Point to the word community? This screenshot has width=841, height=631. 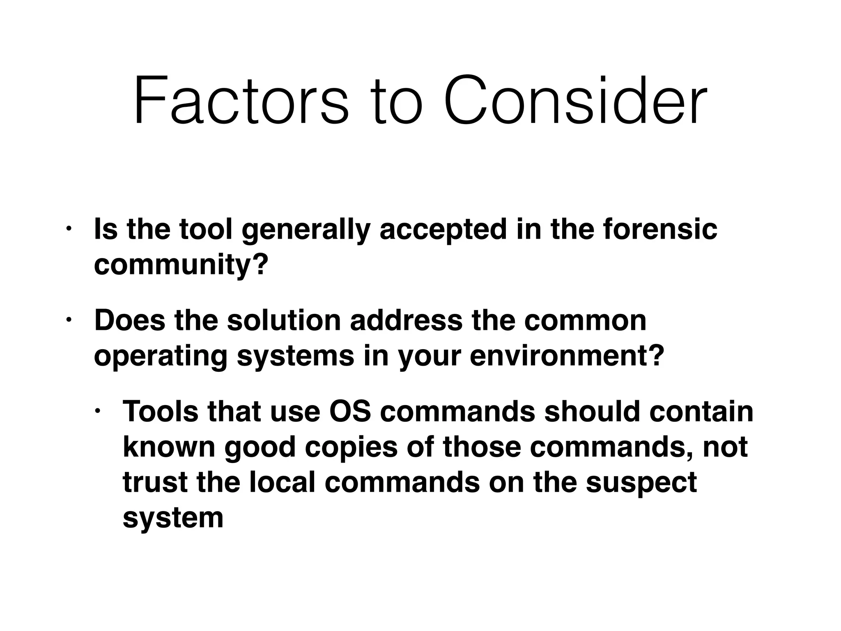[x=181, y=265]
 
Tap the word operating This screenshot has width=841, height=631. [x=161, y=357]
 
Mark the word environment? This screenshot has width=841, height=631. [x=567, y=356]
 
